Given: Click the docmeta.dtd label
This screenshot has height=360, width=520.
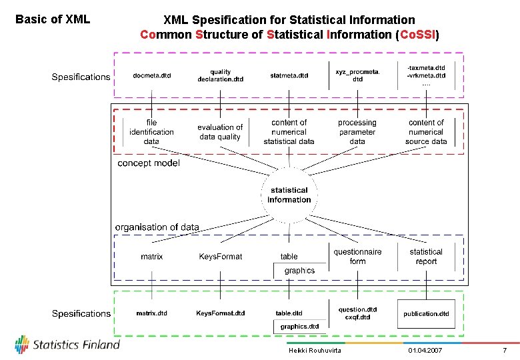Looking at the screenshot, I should point(152,75).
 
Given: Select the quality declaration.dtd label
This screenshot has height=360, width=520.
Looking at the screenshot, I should point(221,75).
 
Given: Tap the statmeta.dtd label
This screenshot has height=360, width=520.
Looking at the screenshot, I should point(289,75).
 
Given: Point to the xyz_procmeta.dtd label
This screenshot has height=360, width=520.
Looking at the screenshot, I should point(357,75).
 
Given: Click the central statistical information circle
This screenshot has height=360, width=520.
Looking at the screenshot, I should point(289,195).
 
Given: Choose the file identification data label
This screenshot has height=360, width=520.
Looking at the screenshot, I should point(151,131).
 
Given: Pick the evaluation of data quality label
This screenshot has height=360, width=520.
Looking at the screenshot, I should point(220,131).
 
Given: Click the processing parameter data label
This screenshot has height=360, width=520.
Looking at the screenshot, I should point(357,131).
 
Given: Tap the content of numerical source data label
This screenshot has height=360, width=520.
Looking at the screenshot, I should point(426,131).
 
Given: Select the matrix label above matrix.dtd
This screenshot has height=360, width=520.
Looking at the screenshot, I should point(151,257).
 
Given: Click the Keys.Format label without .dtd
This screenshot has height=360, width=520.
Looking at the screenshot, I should point(221,257).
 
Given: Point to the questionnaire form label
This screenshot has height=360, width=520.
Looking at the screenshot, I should point(358,256).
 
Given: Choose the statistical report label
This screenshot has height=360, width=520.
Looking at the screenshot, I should point(426,256).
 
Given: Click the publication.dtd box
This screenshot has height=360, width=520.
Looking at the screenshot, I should point(426,313).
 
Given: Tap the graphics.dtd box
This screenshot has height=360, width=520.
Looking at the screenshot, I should point(299,327).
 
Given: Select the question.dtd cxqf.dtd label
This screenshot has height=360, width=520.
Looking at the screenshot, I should point(357,313).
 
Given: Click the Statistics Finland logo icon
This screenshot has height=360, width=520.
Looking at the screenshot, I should point(22,345).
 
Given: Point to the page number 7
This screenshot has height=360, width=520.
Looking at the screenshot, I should point(505,351).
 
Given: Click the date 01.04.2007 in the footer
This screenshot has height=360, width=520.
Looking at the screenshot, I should point(425,351).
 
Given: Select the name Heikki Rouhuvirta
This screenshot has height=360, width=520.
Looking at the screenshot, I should point(315,351).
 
